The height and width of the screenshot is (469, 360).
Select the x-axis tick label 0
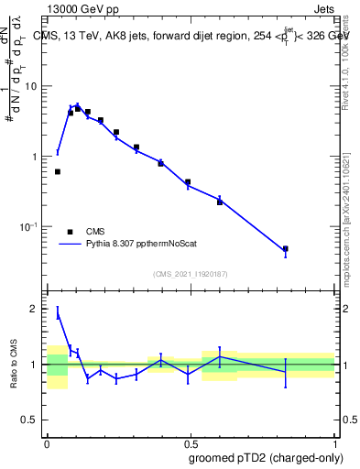coord(47,441)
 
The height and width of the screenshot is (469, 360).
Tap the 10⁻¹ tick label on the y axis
coord(29,225)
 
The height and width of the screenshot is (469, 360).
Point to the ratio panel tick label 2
coord(35,309)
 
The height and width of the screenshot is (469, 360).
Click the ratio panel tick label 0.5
coord(30,420)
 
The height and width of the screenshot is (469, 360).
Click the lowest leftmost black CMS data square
coord(57,171)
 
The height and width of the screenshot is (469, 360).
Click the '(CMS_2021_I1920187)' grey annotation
coord(190,274)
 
